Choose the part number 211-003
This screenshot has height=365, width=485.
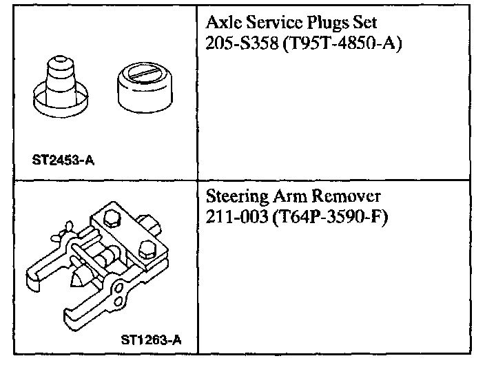234,218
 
